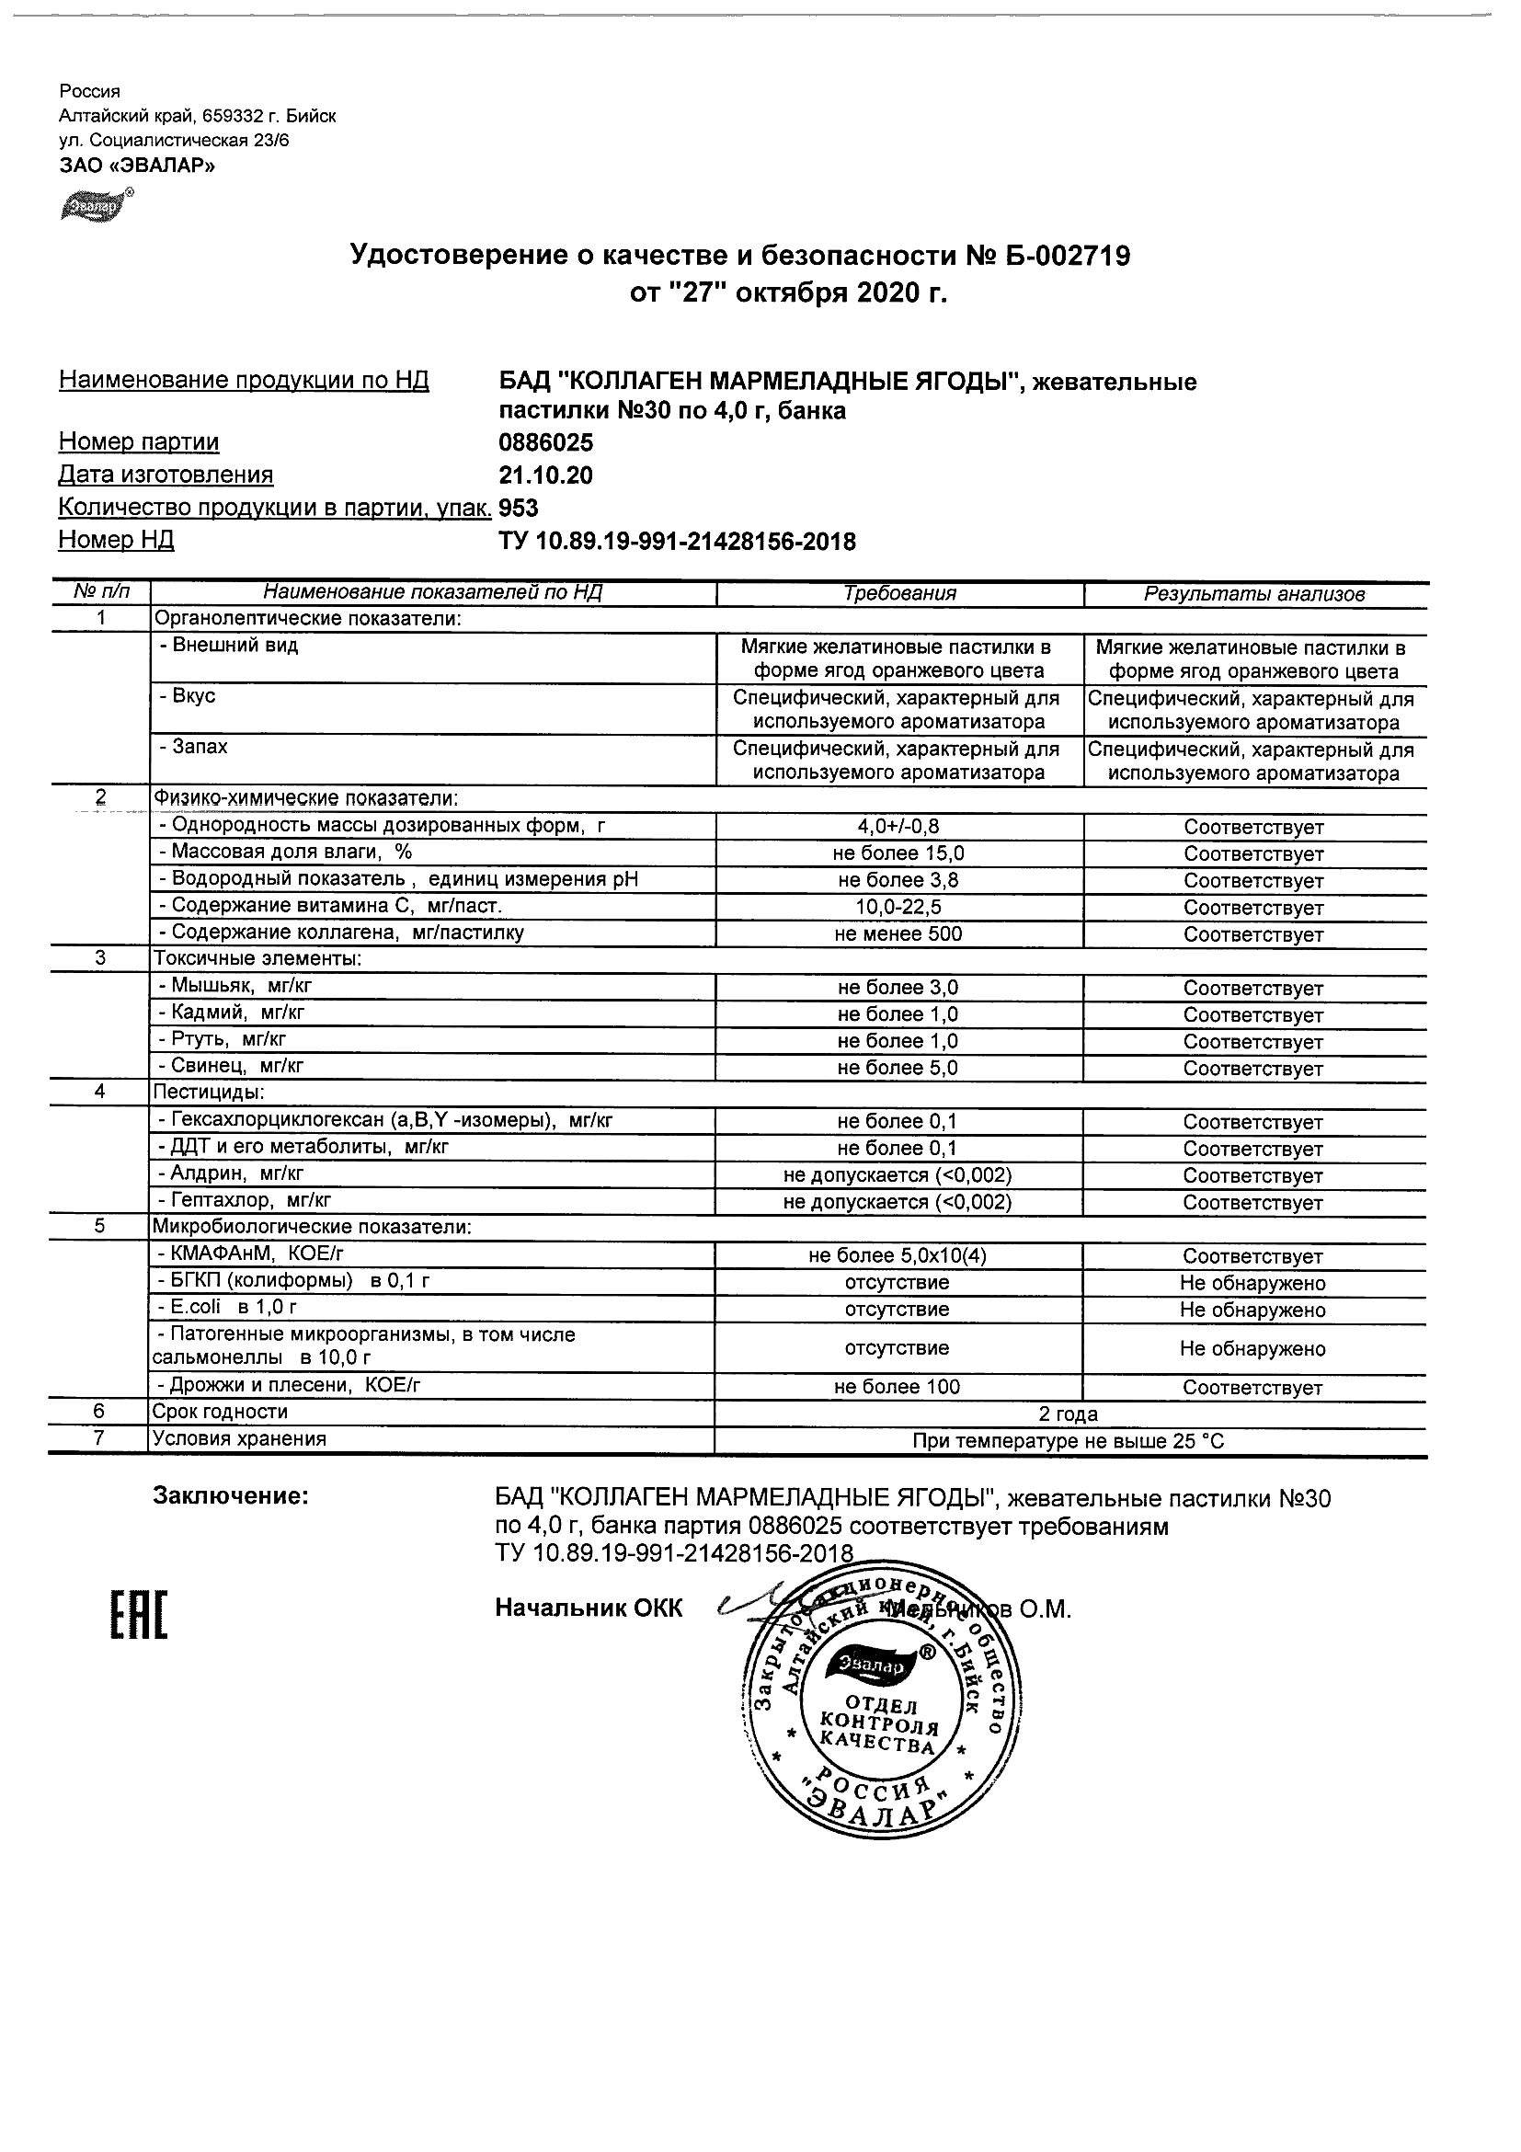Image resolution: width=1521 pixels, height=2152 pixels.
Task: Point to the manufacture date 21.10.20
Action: click(545, 475)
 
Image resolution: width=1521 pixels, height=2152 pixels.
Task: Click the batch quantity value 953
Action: click(519, 508)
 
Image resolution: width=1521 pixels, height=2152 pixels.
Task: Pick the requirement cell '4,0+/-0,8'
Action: click(898, 827)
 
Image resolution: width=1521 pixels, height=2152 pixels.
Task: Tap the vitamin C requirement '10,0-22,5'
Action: click(898, 908)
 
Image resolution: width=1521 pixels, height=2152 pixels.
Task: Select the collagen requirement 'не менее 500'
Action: click(898, 933)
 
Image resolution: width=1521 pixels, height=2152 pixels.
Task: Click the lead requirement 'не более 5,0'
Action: click(898, 1068)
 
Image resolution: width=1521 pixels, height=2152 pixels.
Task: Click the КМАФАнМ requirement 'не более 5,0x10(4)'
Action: click(898, 1256)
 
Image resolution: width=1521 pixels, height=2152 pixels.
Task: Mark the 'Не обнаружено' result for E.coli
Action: click(1253, 1310)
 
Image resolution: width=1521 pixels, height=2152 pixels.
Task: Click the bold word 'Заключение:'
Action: click(231, 1497)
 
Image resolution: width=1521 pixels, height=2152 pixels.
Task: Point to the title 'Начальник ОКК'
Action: click(589, 1608)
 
